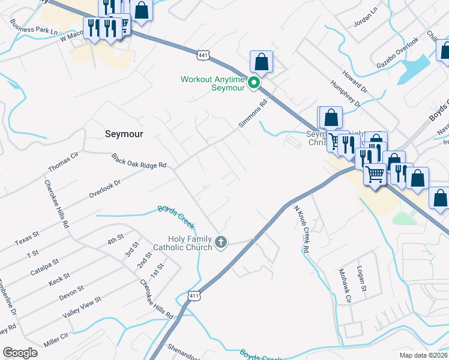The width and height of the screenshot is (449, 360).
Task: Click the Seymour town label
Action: (x=124, y=134)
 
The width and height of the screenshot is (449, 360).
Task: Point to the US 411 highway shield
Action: (x=193, y=296)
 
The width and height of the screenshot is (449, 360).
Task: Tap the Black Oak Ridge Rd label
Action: (x=138, y=161)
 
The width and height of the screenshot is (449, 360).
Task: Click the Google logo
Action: (x=20, y=353)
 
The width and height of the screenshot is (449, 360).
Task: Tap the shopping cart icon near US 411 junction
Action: (x=375, y=174)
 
